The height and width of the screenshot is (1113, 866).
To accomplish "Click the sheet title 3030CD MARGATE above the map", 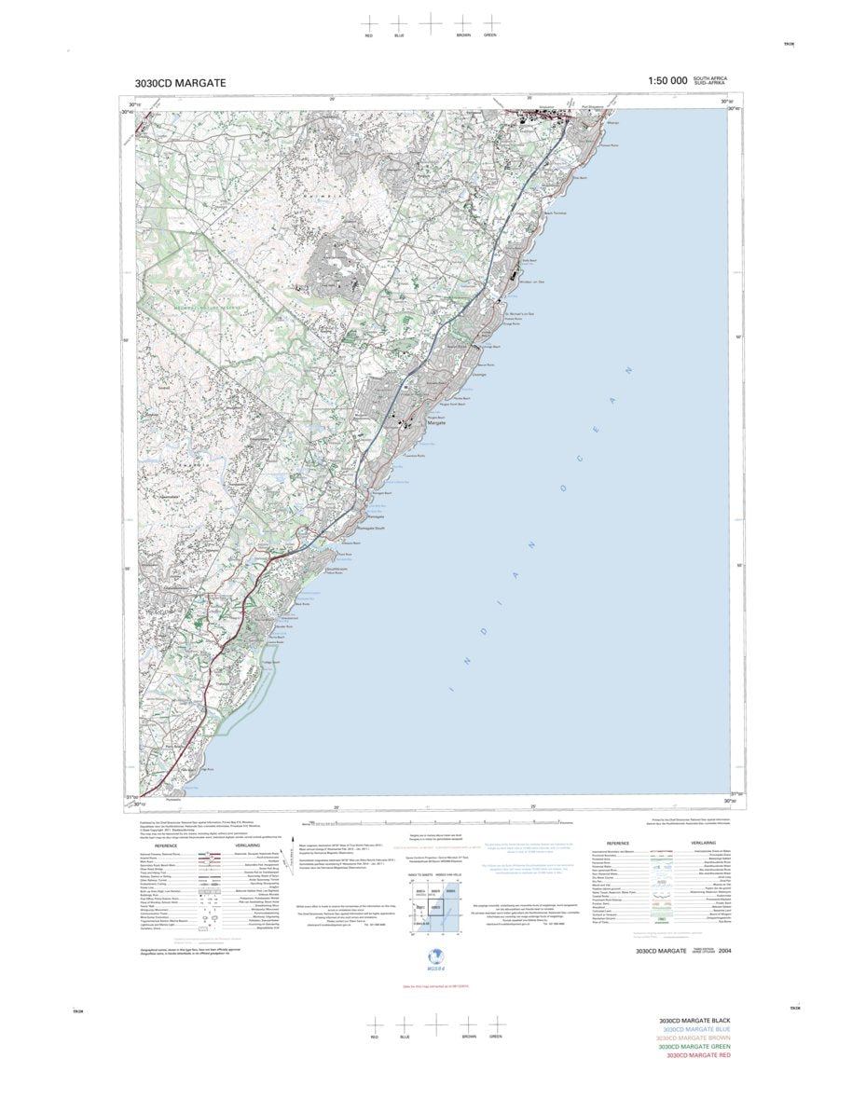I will point(180,83).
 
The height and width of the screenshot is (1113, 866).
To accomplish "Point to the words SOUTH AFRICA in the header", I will point(711,78).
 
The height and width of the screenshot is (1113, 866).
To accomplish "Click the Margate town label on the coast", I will point(438,423).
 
